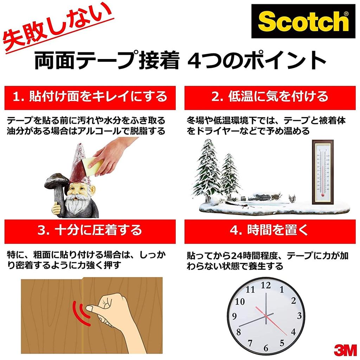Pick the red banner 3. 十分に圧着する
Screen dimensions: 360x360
point(90,230)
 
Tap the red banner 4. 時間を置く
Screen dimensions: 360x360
point(270,231)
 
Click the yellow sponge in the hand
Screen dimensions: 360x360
point(94,166)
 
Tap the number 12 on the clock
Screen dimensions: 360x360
point(266,285)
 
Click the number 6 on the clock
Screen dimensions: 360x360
point(266,348)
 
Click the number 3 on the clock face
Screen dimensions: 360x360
point(299,316)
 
